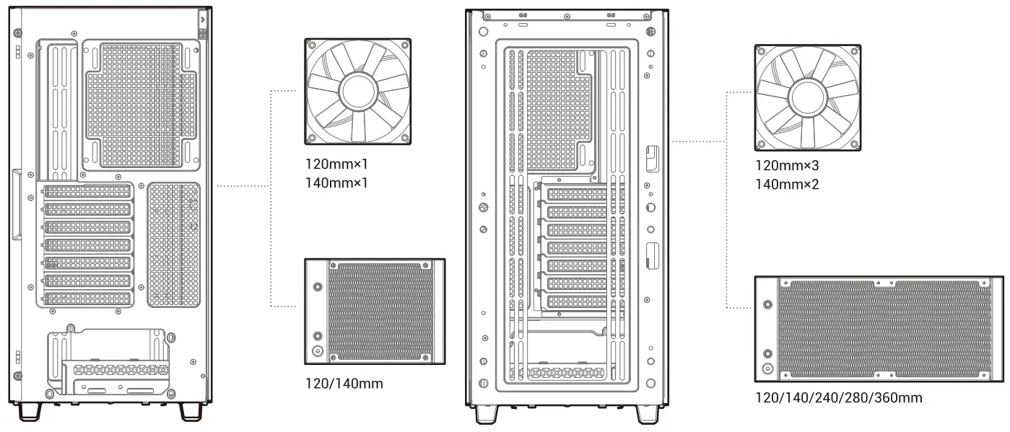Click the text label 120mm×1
point(337,166)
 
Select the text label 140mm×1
point(337,183)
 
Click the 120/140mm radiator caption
point(344,384)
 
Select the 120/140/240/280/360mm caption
point(838,397)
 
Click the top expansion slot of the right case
point(576,194)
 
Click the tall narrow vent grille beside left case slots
point(174,243)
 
